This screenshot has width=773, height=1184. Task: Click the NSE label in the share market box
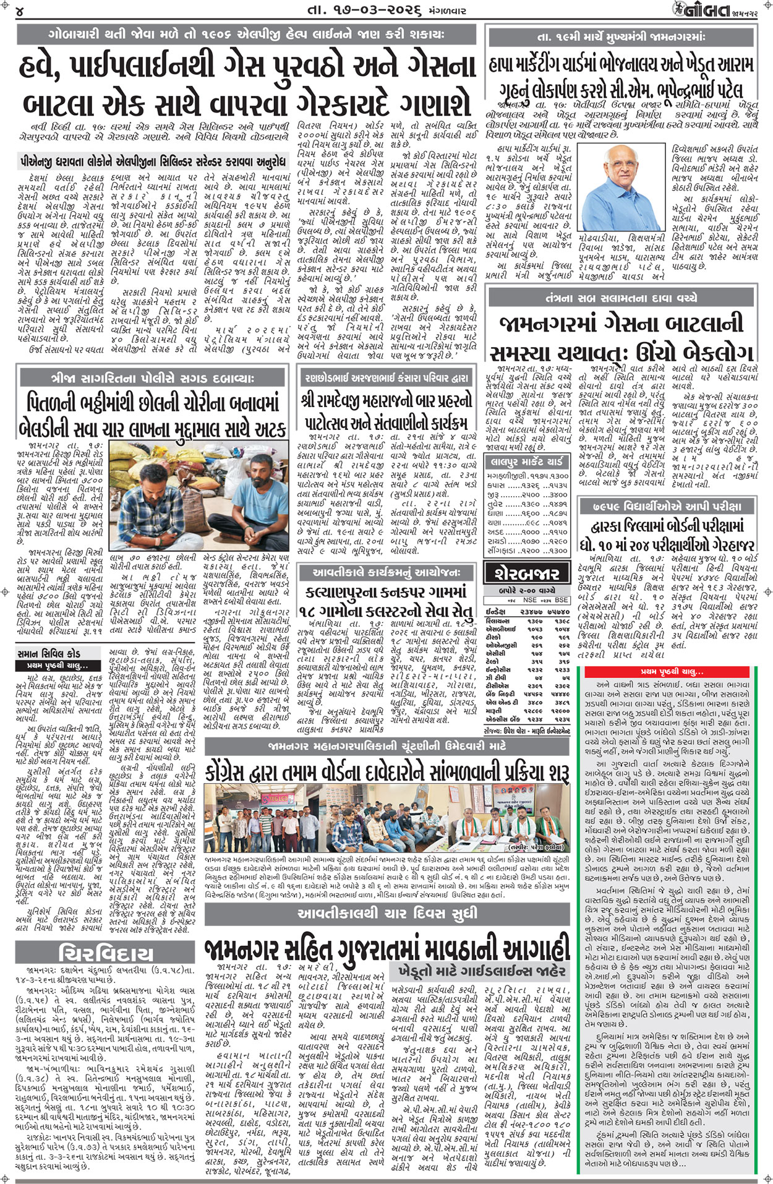[x=529, y=600]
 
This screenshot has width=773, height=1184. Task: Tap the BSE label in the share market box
[x=562, y=600]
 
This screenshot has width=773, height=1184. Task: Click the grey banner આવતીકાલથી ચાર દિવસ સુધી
[x=387, y=913]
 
